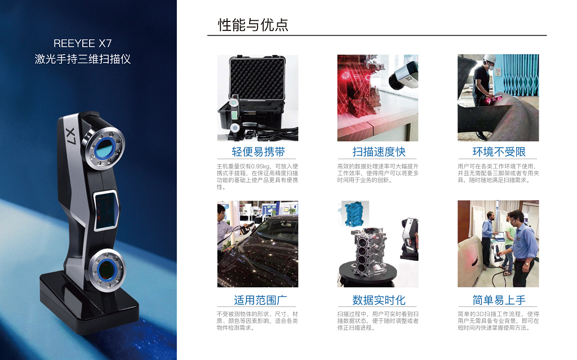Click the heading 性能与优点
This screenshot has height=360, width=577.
pyautogui.click(x=253, y=25)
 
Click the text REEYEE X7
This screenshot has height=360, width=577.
pyautogui.click(x=82, y=43)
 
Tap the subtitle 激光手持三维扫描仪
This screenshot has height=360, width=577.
pyautogui.click(x=82, y=59)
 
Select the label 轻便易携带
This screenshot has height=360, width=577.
pyautogui.click(x=258, y=152)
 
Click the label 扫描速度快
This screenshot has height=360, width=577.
pyautogui.click(x=379, y=152)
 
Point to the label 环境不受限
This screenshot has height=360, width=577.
pyautogui.click(x=499, y=152)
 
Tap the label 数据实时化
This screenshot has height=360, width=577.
pyautogui.click(x=379, y=300)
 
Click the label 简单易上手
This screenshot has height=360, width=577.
pyautogui.click(x=499, y=300)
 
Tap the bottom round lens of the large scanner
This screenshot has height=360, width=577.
pyautogui.click(x=107, y=270)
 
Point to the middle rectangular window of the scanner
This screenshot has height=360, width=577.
pyautogui.click(x=106, y=211)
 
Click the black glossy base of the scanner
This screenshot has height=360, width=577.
pyautogui.click(x=88, y=302)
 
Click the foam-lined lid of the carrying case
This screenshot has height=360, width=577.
pyautogui.click(x=257, y=78)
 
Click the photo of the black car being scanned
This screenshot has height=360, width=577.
pyautogui.click(x=258, y=244)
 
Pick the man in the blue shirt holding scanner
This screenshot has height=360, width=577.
pyautogui.click(x=522, y=247)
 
